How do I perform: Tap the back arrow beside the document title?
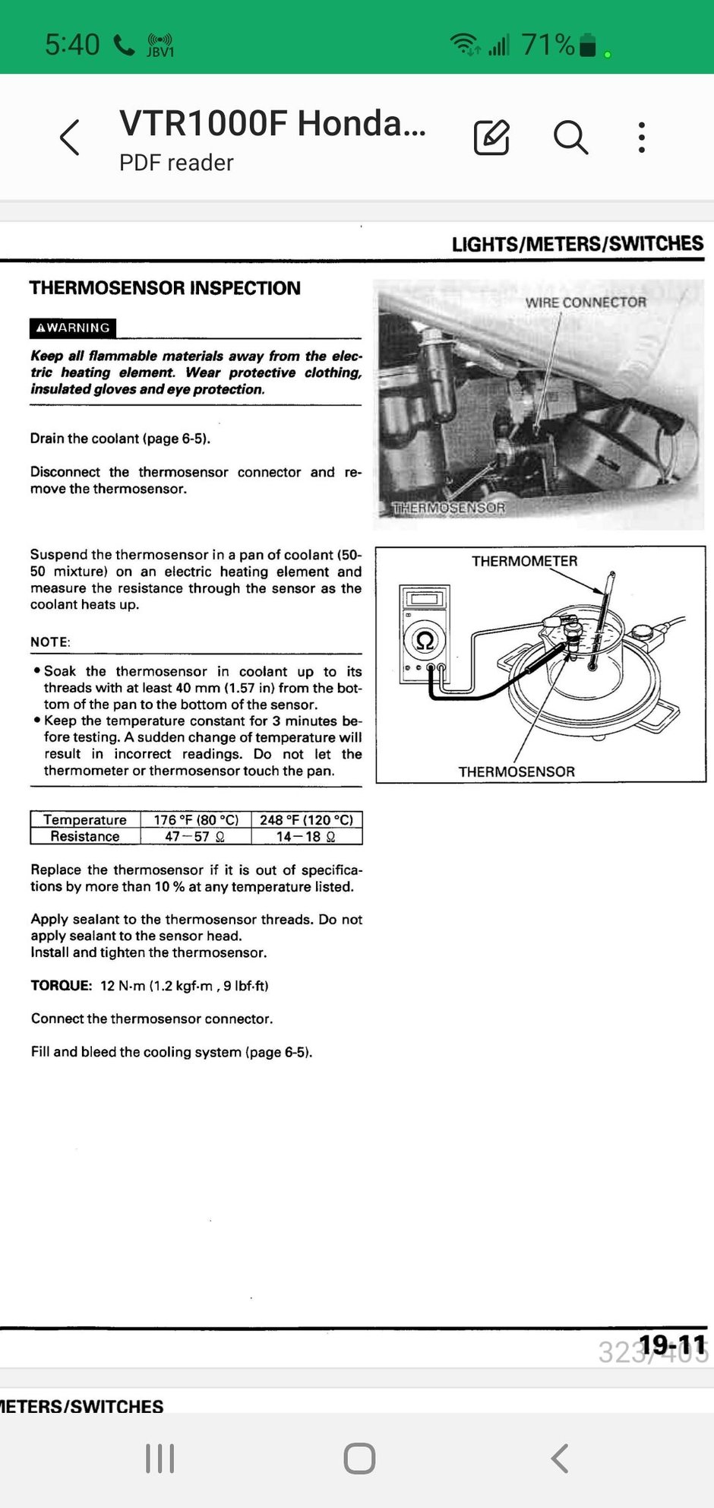(x=70, y=138)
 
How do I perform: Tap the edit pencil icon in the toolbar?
(x=491, y=138)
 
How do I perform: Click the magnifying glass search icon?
(x=570, y=138)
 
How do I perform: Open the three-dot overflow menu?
(x=642, y=138)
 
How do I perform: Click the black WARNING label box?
(x=73, y=328)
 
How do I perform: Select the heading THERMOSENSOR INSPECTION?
(x=165, y=288)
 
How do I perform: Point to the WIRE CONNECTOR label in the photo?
(x=586, y=303)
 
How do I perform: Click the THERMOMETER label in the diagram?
(x=524, y=561)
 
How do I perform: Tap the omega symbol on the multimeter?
(x=425, y=641)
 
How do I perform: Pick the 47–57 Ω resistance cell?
(x=195, y=836)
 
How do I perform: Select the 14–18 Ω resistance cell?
(x=306, y=836)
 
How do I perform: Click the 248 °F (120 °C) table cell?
(x=306, y=820)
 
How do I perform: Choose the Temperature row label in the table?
(x=85, y=820)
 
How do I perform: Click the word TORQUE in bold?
(x=61, y=986)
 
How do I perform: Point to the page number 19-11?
(x=672, y=1345)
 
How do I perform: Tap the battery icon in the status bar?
(x=587, y=45)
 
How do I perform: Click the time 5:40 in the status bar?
(x=72, y=45)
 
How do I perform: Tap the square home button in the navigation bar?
(x=359, y=1459)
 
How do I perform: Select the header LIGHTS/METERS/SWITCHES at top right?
(x=577, y=244)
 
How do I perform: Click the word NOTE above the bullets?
(x=49, y=642)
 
